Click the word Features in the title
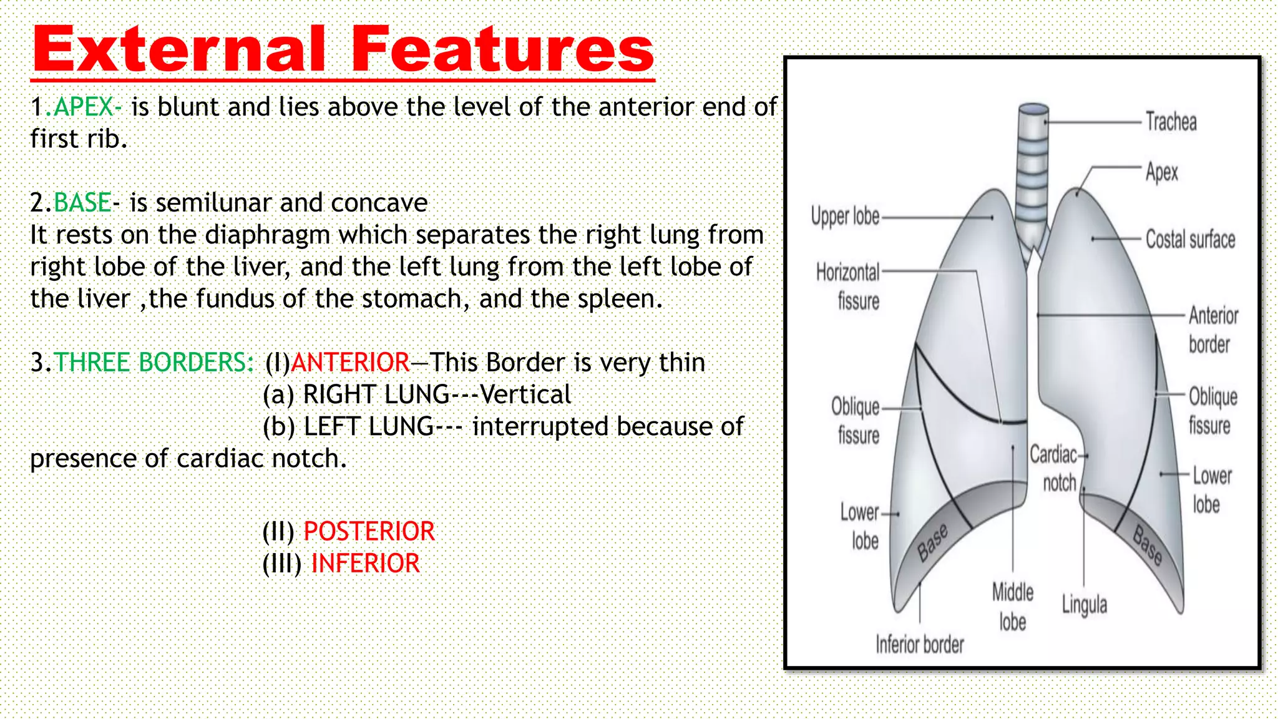(502, 49)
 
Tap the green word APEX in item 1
(84, 107)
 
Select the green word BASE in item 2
(82, 203)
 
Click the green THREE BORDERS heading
(154, 363)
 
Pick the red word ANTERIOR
(350, 363)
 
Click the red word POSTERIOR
(369, 532)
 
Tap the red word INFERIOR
(365, 564)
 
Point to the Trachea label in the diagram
(1171, 122)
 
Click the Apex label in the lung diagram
(1161, 172)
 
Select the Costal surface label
(1190, 239)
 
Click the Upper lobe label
(845, 216)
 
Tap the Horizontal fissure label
(849, 286)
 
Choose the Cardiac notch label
(1055, 468)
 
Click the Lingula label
(1085, 605)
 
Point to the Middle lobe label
(1013, 607)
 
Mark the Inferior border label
(919, 644)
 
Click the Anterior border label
(1212, 330)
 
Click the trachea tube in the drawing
(1033, 162)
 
